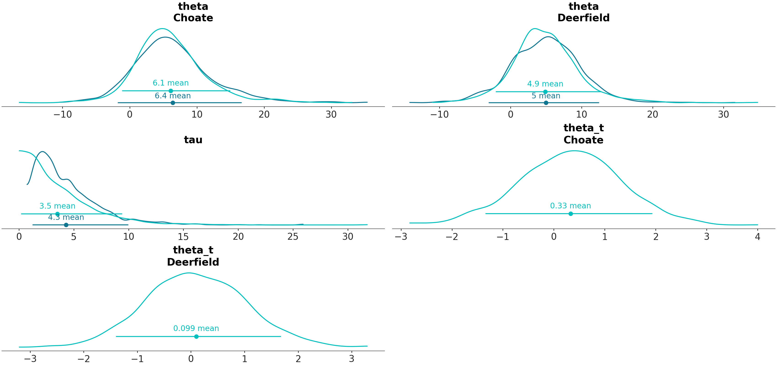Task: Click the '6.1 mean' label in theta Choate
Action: pyautogui.click(x=170, y=83)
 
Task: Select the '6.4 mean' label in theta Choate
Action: pyautogui.click(x=173, y=96)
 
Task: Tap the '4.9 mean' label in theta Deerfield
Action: pyautogui.click(x=545, y=84)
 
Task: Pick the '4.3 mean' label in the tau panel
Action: pyautogui.click(x=66, y=217)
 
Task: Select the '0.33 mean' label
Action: pyautogui.click(x=570, y=206)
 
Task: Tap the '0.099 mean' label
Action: pyautogui.click(x=196, y=328)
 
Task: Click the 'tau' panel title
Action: pyautogui.click(x=193, y=140)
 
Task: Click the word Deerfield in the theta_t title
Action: pyautogui.click(x=193, y=262)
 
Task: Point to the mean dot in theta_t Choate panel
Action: pyautogui.click(x=570, y=214)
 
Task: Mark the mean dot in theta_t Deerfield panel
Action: pyautogui.click(x=196, y=336)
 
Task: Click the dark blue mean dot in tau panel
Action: pyautogui.click(x=66, y=225)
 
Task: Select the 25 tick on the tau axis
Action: pyautogui.click(x=293, y=237)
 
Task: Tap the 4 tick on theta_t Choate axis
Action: pyautogui.click(x=757, y=237)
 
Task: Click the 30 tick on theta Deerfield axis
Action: pyautogui.click(x=723, y=114)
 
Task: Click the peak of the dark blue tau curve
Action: pyautogui.click(x=43, y=152)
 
